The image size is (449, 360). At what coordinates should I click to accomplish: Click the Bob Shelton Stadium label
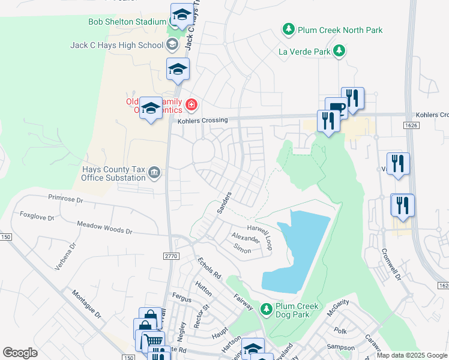127,22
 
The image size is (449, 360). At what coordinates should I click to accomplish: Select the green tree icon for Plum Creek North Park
289,29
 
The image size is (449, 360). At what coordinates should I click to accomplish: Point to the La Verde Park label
304,52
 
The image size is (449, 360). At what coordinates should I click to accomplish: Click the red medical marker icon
191,106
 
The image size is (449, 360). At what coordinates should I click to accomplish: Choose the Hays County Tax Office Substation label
114,173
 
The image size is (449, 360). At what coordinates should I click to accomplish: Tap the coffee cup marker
336,108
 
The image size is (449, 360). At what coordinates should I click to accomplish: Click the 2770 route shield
171,256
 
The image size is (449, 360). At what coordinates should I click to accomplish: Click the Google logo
20,353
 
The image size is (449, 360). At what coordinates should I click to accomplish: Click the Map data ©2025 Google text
411,355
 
